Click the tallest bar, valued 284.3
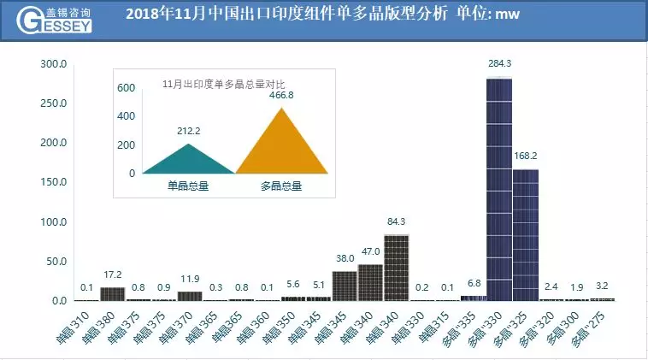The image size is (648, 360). tap(498, 189)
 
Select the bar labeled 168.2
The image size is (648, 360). tap(525, 235)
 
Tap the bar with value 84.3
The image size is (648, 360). tap(396, 268)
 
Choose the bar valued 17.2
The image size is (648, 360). tap(112, 294)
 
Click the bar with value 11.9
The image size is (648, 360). tap(190, 296)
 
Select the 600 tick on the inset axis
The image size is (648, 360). tap(126, 88)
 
